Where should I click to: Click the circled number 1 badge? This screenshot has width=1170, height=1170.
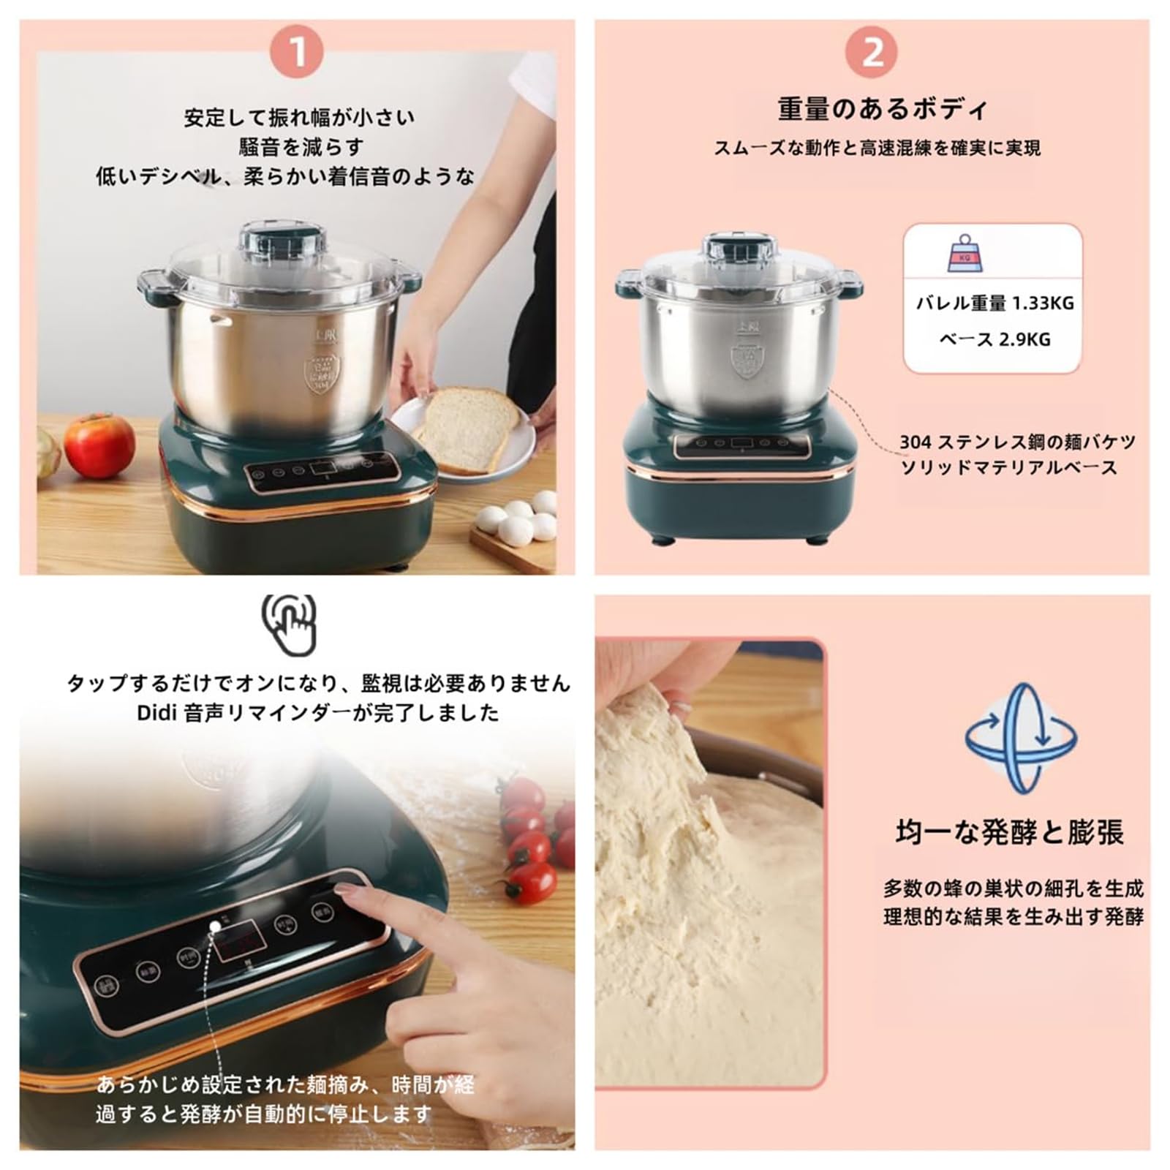click(x=297, y=52)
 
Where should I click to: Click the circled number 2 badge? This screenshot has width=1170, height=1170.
click(x=872, y=52)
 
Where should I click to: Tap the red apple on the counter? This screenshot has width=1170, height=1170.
click(x=99, y=445)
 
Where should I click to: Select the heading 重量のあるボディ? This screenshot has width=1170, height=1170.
click(x=882, y=110)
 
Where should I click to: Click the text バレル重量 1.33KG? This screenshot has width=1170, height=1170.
click(x=994, y=303)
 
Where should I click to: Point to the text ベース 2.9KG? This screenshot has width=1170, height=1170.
click(x=994, y=339)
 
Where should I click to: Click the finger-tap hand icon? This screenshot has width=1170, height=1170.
click(x=291, y=624)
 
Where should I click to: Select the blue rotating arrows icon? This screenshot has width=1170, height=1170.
click(x=1021, y=739)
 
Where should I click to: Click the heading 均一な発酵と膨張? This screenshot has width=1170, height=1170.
click(x=1009, y=833)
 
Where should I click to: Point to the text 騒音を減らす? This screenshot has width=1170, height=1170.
click(x=301, y=147)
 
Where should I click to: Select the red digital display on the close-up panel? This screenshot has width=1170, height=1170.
click(x=238, y=943)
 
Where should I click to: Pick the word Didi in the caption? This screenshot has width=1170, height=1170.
click(x=156, y=713)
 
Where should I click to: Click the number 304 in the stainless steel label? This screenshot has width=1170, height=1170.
click(x=915, y=442)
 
